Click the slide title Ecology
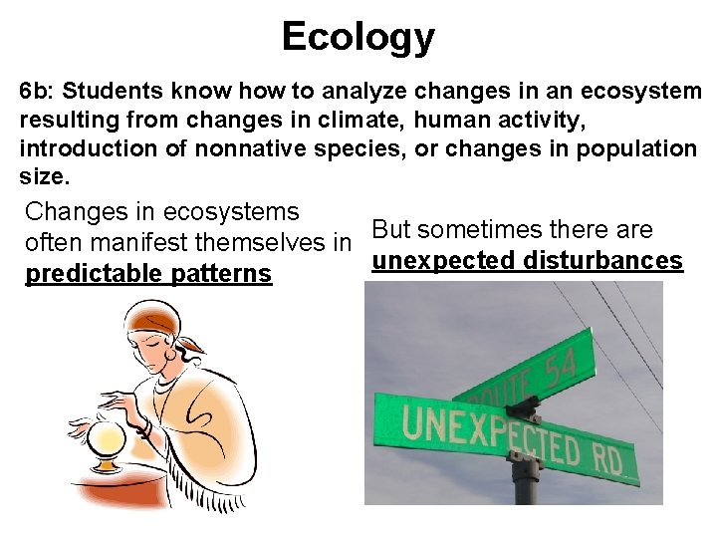point(358,37)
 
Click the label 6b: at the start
point(38,92)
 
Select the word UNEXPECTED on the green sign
point(482,435)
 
